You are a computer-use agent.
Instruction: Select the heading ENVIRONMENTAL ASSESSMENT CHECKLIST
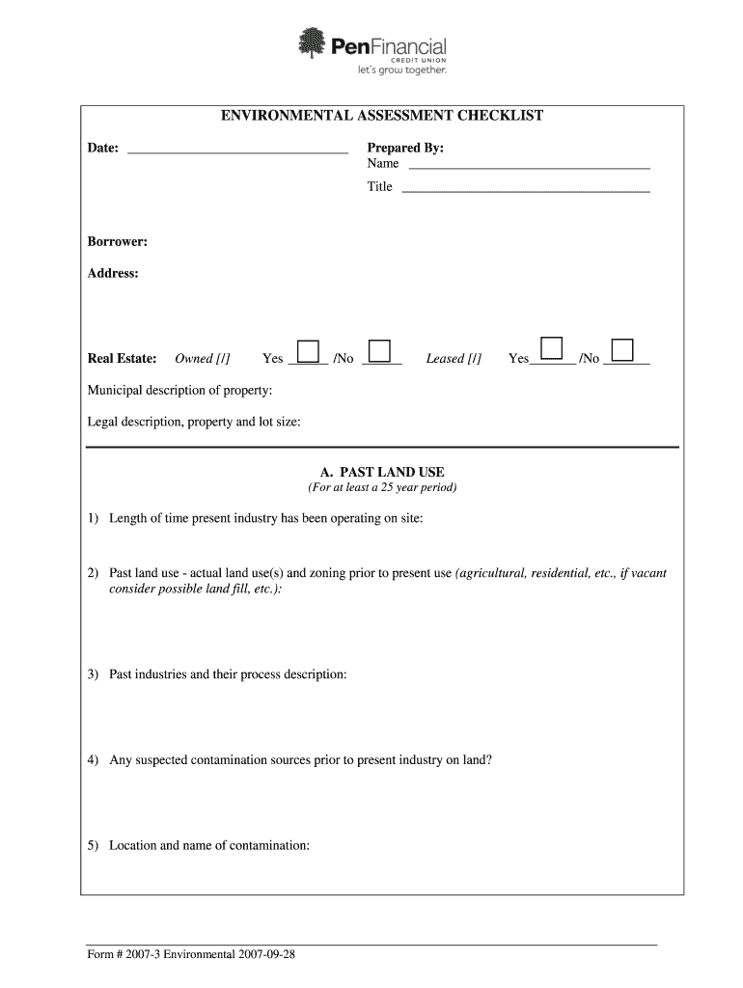coord(382,116)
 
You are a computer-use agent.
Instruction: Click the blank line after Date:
coord(237,151)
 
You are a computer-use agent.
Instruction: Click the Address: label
coord(113,274)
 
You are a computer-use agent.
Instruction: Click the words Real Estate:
coord(122,359)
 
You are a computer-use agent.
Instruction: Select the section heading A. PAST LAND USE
coord(382,472)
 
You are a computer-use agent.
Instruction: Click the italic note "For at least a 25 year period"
coord(382,487)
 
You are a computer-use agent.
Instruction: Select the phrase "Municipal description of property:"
coord(179,391)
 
